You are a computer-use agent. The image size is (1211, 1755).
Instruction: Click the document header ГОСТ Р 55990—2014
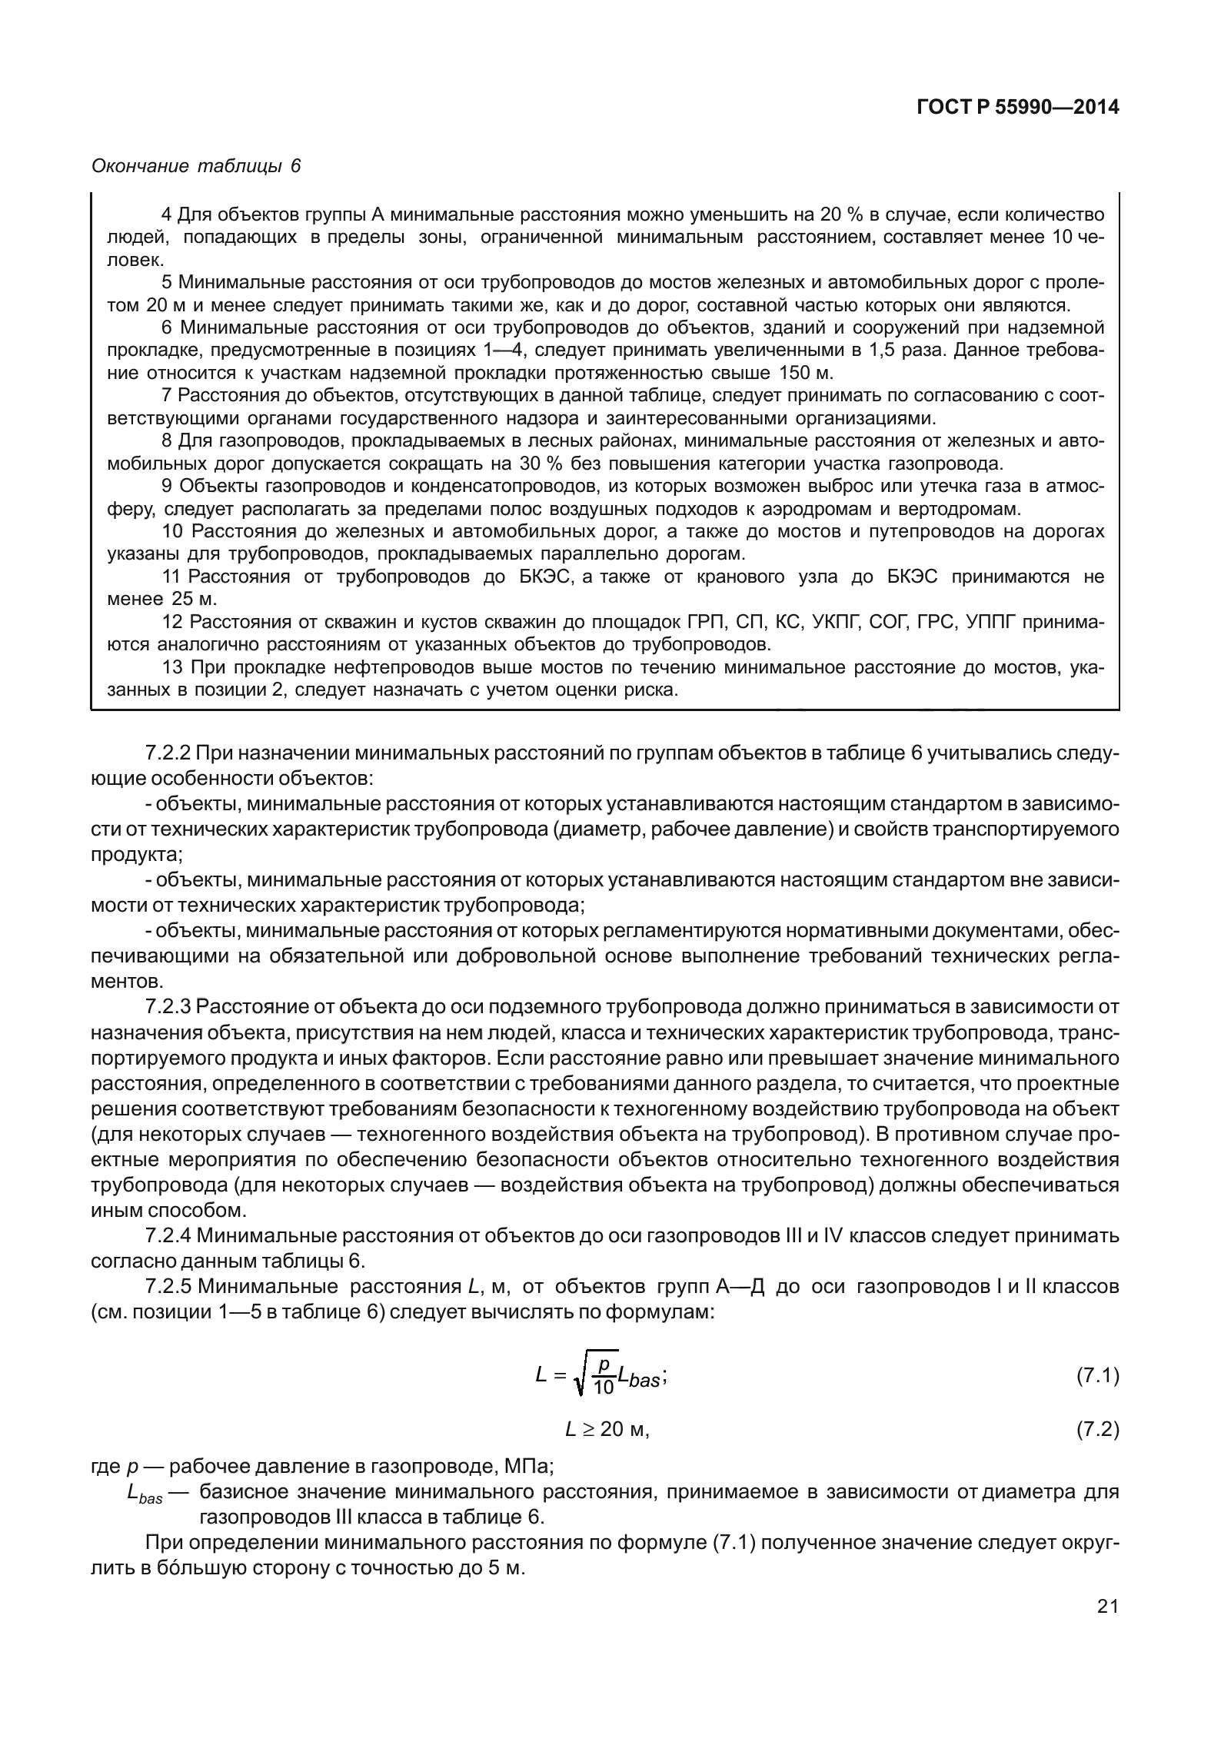click(x=1017, y=108)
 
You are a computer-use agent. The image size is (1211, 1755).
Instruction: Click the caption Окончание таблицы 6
click(x=196, y=166)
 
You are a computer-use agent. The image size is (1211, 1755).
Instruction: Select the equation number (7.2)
click(x=1097, y=1430)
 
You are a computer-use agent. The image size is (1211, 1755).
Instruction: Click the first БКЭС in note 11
click(x=542, y=577)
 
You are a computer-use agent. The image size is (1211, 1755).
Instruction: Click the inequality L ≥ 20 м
click(x=607, y=1430)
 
